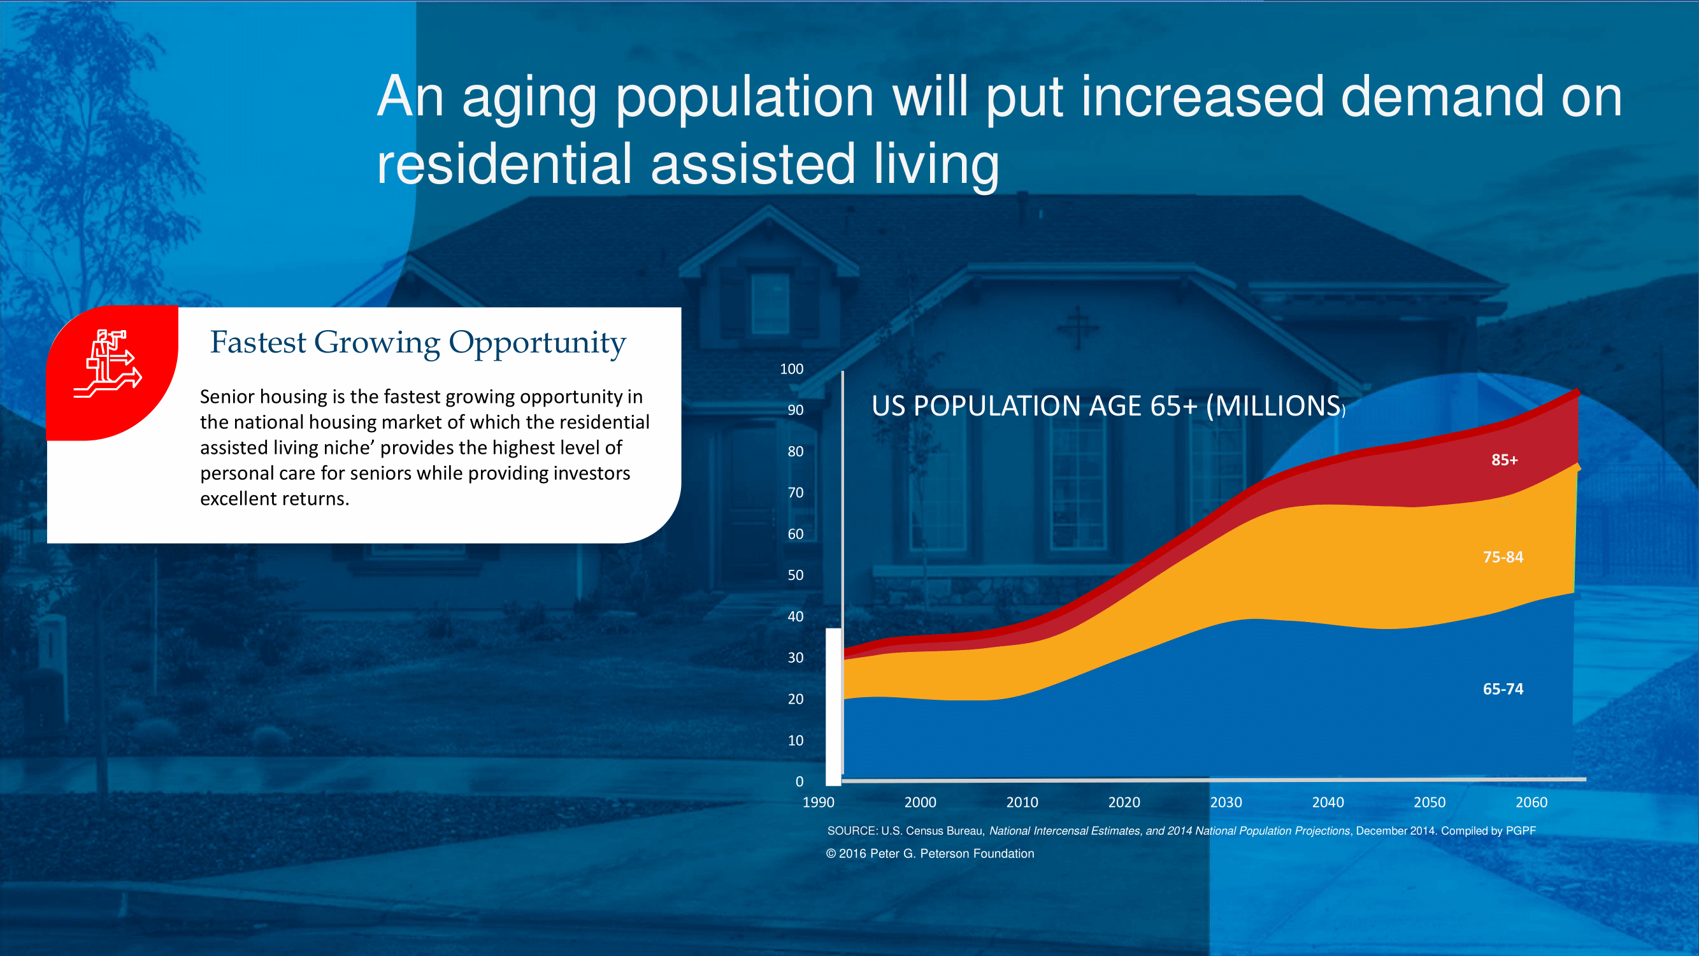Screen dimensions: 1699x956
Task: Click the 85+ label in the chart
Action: coord(1505,460)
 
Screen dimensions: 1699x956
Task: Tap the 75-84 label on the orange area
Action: coord(1503,557)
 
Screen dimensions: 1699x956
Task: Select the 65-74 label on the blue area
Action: coord(1503,689)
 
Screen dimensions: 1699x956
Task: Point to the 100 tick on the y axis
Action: coord(791,369)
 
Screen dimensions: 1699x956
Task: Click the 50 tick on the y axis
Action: coord(796,575)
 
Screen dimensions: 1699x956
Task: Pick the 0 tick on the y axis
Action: coord(799,781)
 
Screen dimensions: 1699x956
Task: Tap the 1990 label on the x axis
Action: coord(819,802)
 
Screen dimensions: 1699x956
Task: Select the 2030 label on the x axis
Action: coord(1226,802)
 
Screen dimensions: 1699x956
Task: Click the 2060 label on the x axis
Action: coord(1531,802)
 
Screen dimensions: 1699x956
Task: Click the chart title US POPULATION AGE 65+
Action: coord(1108,406)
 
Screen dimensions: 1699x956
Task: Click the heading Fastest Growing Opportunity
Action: coord(418,342)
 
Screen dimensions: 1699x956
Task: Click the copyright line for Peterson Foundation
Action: coord(930,854)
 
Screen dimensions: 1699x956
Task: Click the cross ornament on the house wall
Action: coord(1078,328)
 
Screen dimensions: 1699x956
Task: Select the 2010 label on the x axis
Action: coord(1022,802)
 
